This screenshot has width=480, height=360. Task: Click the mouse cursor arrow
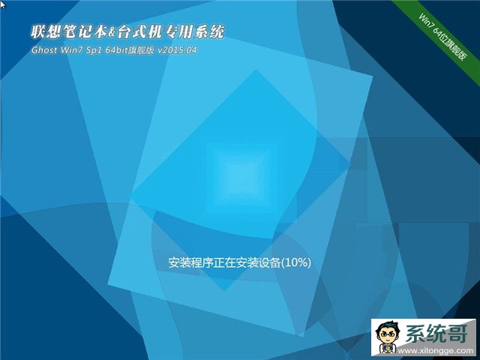click(x=2, y=4)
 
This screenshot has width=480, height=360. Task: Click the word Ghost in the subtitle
click(x=44, y=50)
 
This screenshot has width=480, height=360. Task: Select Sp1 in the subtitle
click(x=93, y=50)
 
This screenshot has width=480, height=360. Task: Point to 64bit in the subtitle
click(x=115, y=50)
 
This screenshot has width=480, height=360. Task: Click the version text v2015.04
click(x=177, y=50)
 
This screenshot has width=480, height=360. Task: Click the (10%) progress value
click(x=296, y=262)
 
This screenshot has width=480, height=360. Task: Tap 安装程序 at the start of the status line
click(x=190, y=262)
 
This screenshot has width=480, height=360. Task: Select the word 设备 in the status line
click(x=270, y=262)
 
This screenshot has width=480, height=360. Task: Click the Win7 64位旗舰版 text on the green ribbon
click(x=443, y=37)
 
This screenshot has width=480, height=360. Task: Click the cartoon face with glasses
click(x=388, y=334)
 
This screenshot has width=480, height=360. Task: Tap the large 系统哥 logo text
click(x=436, y=333)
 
